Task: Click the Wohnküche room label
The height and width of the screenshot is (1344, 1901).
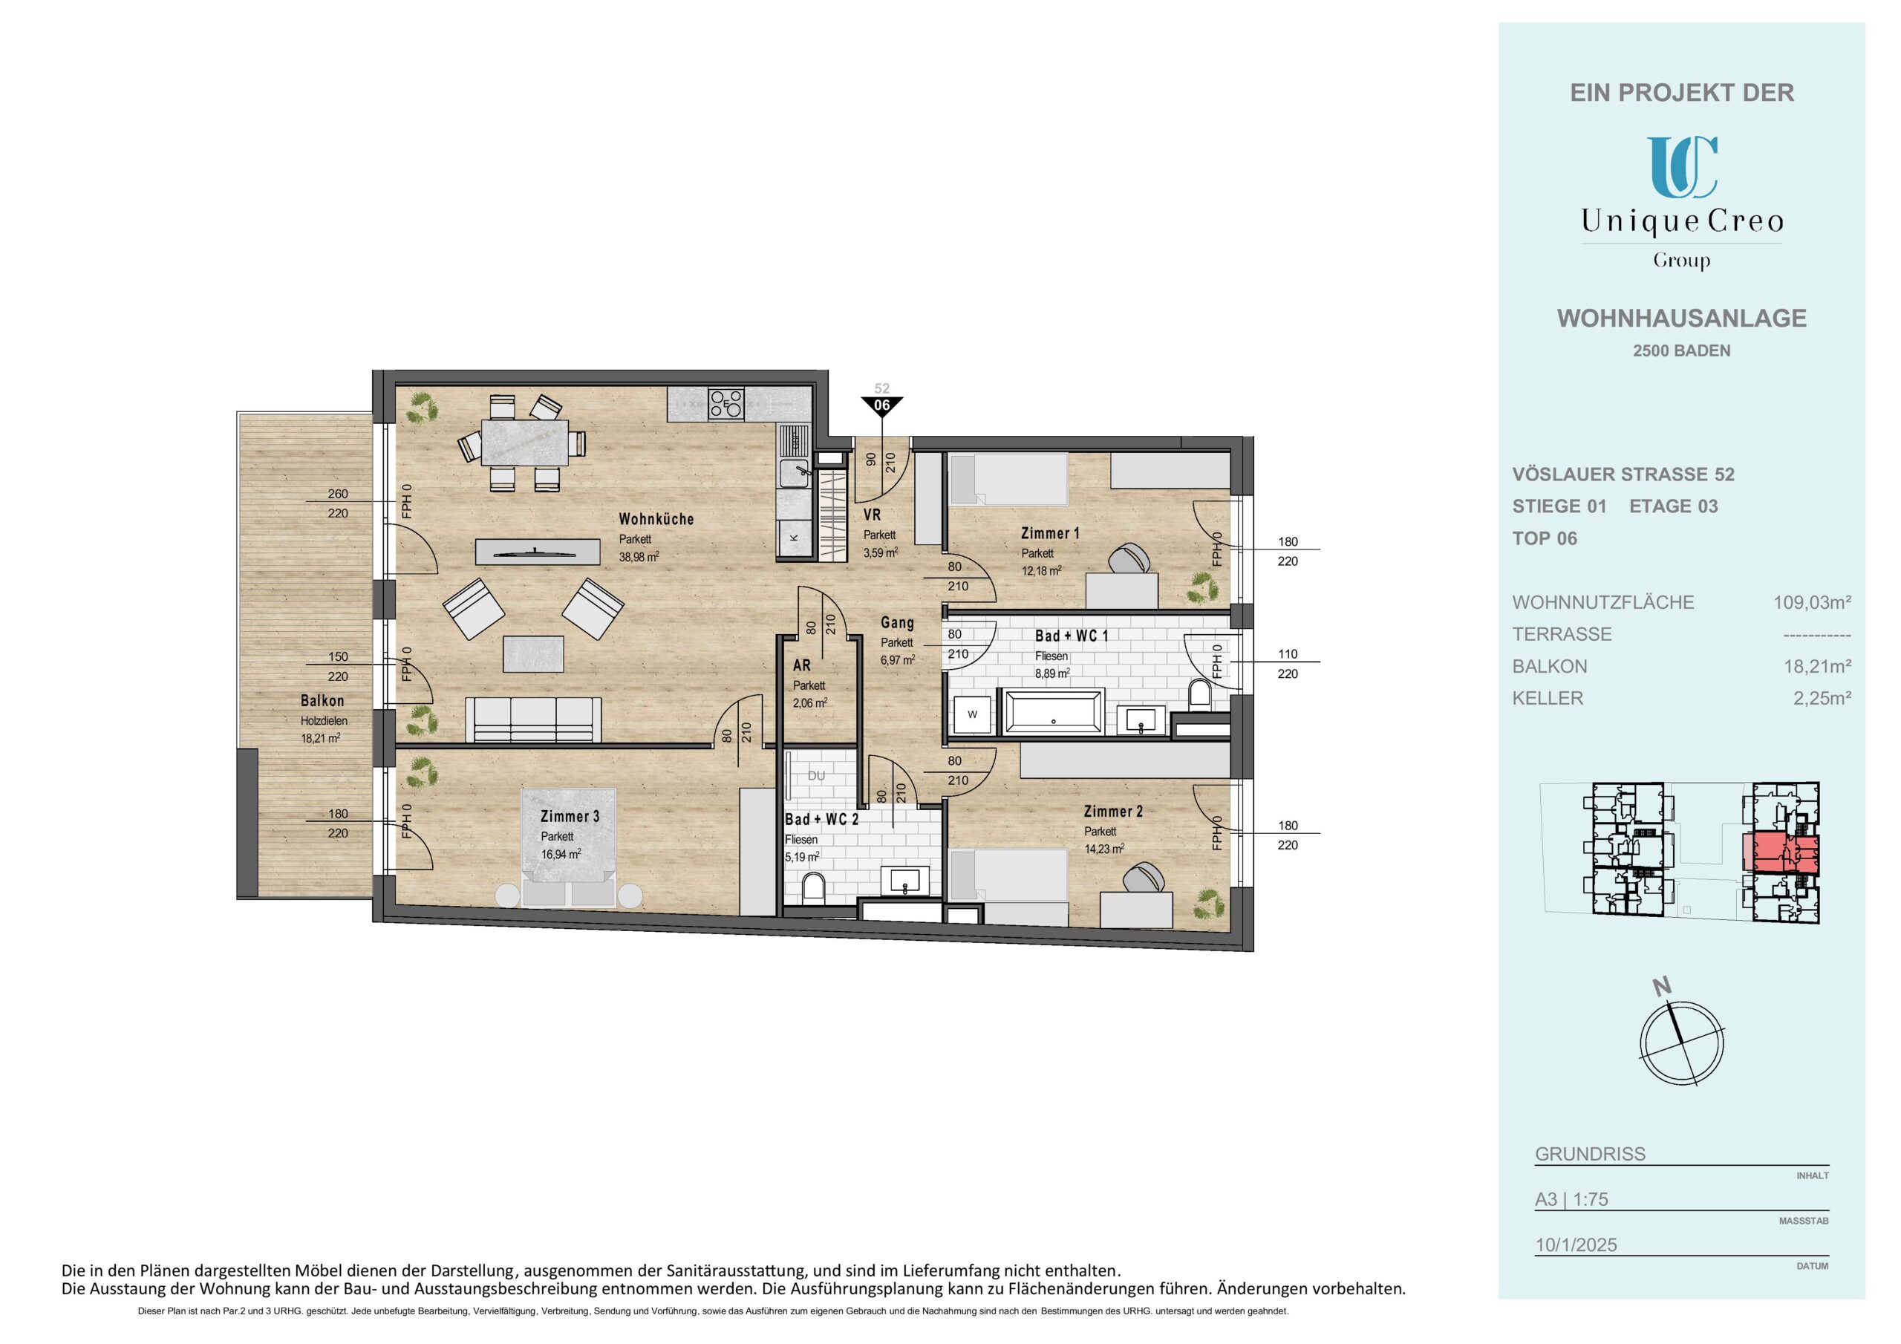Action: tap(656, 519)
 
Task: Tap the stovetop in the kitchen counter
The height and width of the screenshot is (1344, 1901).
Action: tap(726, 403)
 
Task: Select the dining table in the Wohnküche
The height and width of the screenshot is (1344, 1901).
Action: tap(525, 443)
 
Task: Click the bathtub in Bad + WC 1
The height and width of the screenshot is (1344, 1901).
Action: tap(1053, 711)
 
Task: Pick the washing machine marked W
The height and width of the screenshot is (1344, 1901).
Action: tap(972, 714)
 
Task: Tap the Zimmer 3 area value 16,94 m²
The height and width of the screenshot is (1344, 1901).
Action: tap(561, 854)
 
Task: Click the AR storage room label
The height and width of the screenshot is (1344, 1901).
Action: tap(801, 665)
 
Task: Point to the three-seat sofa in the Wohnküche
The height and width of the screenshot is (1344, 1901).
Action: tap(533, 719)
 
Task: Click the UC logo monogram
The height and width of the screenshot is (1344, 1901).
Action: tap(1682, 168)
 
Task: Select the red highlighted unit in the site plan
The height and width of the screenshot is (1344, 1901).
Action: tap(1784, 852)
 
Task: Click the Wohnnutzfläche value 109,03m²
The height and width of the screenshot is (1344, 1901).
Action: tap(1812, 602)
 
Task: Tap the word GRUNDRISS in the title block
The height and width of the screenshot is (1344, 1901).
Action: tap(1590, 1153)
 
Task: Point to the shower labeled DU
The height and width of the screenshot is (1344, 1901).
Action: tap(816, 776)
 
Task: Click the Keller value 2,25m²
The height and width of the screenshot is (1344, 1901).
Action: tap(1822, 698)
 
